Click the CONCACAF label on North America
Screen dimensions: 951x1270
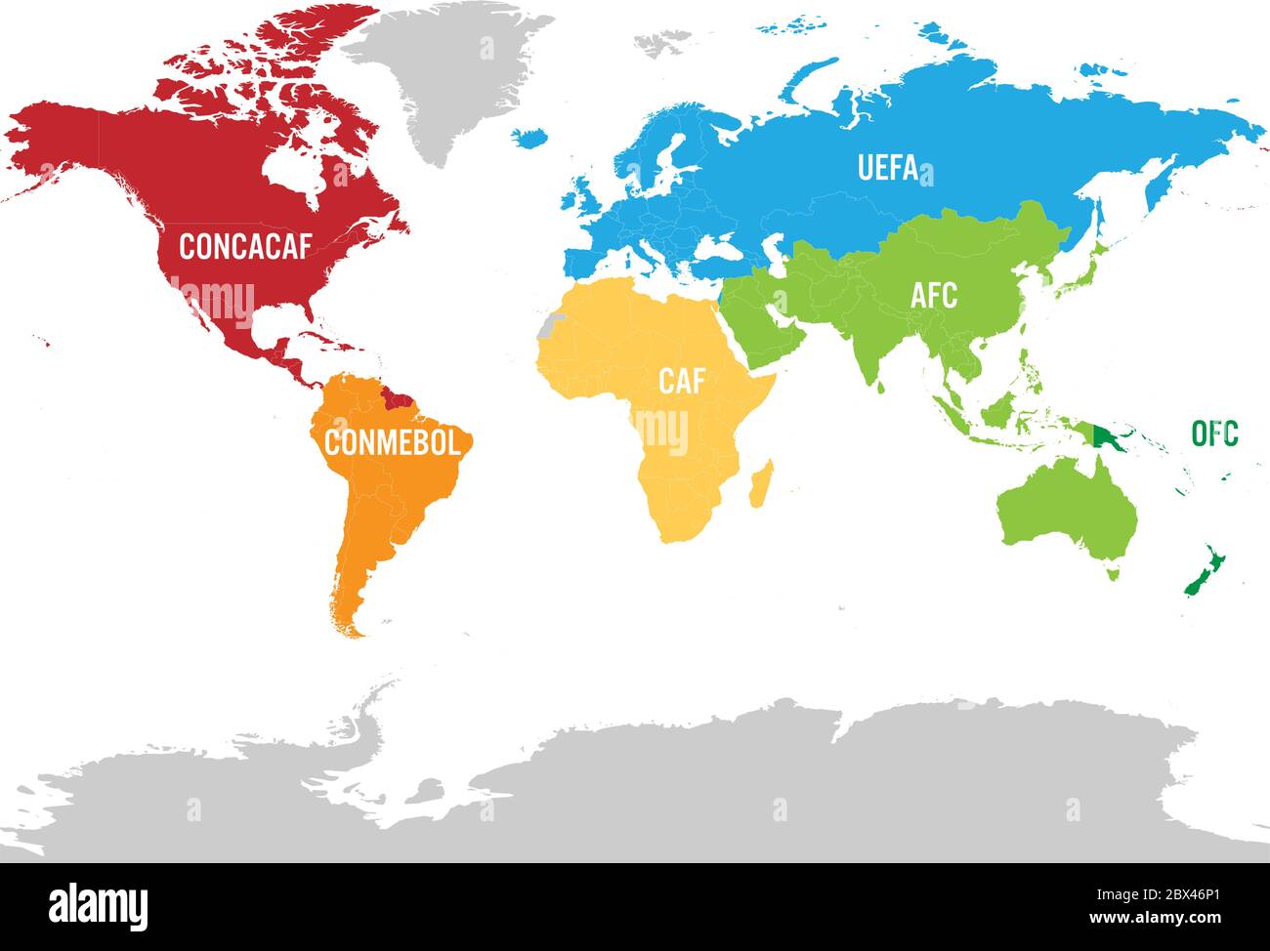(244, 247)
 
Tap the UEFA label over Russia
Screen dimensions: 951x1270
(887, 168)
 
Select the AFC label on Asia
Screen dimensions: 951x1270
(933, 295)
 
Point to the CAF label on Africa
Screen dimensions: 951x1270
(681, 381)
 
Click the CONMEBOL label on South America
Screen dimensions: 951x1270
(392, 442)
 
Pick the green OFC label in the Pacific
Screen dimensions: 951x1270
(1214, 434)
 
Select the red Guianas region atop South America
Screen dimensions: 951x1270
(397, 396)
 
